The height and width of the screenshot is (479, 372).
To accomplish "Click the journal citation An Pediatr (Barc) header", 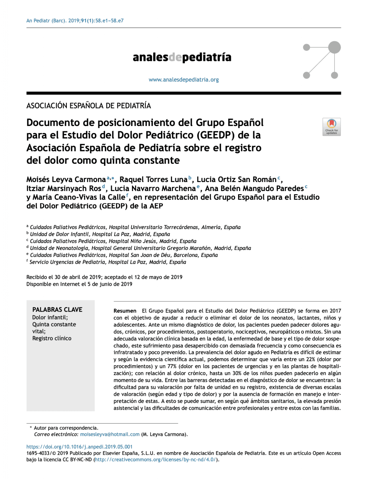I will pyautogui.click(x=75, y=21).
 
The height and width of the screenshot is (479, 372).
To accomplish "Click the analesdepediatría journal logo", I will pyautogui.click(x=182, y=57).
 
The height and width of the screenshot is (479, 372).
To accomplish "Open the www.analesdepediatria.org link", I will pyautogui.click(x=184, y=80).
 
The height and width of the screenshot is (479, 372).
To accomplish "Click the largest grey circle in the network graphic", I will pyautogui.click(x=334, y=47).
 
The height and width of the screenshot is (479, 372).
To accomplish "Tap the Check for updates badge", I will pyautogui.click(x=331, y=127).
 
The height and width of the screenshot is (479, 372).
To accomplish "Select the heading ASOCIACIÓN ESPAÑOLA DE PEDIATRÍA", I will pyautogui.click(x=88, y=106).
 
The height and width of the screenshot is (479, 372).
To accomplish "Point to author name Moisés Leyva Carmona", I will pyautogui.click(x=66, y=180).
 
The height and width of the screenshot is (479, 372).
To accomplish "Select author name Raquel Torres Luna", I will pyautogui.click(x=153, y=180).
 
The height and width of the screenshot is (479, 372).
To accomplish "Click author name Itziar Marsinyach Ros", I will pyautogui.click(x=64, y=189).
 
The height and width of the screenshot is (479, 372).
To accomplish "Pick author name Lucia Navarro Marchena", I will pyautogui.click(x=153, y=189).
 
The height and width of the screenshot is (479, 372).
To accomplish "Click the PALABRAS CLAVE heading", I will pyautogui.click(x=57, y=310).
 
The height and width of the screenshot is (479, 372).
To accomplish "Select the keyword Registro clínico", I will pyautogui.click(x=52, y=338).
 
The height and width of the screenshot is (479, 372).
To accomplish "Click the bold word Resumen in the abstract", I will pyautogui.click(x=125, y=311).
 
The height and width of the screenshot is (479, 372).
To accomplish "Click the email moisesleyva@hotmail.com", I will pyautogui.click(x=110, y=434).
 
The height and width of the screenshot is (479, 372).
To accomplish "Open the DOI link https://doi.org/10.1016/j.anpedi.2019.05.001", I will pyautogui.click(x=79, y=447).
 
